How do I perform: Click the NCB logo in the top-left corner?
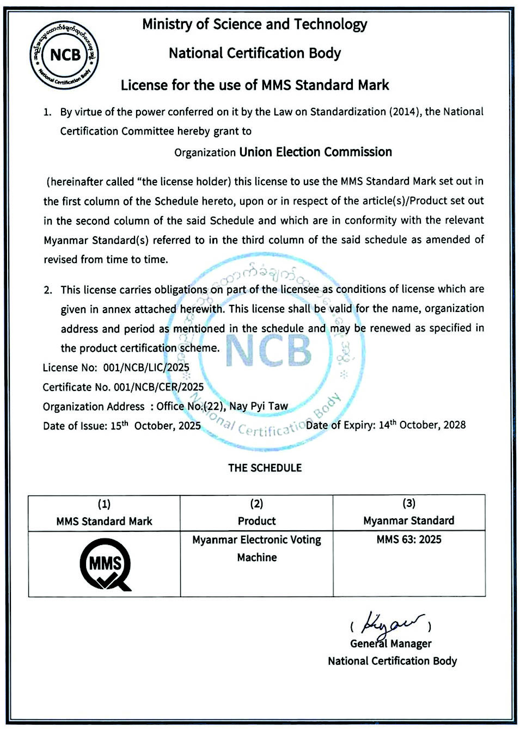[x=64, y=54]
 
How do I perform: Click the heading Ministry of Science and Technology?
[x=254, y=24]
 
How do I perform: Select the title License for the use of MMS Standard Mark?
[x=255, y=85]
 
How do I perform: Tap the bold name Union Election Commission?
[x=315, y=152]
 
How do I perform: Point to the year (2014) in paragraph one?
[x=403, y=112]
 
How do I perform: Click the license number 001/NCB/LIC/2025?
[x=146, y=367]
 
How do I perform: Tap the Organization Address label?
[x=93, y=407]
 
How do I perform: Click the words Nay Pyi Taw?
[x=258, y=406]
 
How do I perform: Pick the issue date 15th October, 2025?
[x=155, y=426]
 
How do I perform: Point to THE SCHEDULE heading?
[x=265, y=468]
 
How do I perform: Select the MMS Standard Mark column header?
[x=104, y=521]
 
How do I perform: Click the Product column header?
[x=256, y=521]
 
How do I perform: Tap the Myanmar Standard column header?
[x=408, y=520]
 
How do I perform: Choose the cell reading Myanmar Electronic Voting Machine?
[x=256, y=548]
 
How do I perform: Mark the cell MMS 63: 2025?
[x=408, y=540]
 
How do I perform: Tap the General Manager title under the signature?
[x=390, y=644]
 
